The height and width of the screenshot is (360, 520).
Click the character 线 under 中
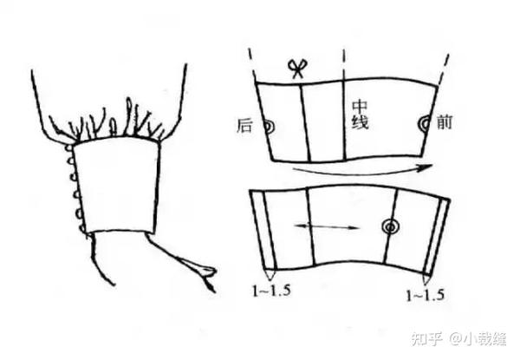pyautogui.click(x=360, y=123)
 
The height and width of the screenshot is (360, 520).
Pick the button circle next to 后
pyautogui.click(x=269, y=127)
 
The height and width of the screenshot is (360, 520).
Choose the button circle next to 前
pyautogui.click(x=424, y=124)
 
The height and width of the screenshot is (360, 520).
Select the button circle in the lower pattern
pyautogui.click(x=390, y=227)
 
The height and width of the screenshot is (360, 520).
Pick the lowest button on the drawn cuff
pyautogui.click(x=82, y=228)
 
